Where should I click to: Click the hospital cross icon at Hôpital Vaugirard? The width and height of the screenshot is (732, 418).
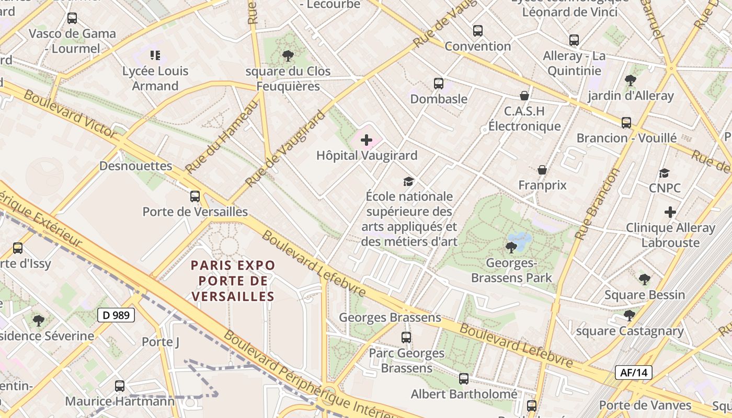point(367,140)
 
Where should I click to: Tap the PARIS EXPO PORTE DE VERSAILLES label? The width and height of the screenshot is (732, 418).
point(233,281)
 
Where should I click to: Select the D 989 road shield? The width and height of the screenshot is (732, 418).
point(116,315)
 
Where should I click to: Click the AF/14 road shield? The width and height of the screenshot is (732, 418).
point(634,373)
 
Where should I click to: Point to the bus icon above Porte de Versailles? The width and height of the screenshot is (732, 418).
point(195,196)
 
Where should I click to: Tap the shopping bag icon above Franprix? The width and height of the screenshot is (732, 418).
point(542,170)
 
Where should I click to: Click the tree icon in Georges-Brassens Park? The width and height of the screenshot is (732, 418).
point(511,247)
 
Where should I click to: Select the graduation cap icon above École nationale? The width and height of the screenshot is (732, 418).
point(408,181)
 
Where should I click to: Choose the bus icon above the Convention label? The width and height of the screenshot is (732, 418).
point(478,31)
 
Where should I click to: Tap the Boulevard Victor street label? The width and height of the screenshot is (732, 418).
point(70,114)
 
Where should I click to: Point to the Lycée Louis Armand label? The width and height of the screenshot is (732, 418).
point(155,78)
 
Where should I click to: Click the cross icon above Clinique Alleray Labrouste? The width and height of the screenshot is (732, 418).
point(670,212)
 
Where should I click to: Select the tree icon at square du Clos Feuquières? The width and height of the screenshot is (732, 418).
point(288,55)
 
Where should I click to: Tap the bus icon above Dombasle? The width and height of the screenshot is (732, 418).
point(439,84)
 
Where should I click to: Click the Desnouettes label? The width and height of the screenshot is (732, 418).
point(136,166)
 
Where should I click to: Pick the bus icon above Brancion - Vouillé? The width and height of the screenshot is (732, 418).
point(626,123)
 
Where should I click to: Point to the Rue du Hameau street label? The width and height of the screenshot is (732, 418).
point(222,137)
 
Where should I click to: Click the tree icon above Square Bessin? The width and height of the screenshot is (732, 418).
point(645,280)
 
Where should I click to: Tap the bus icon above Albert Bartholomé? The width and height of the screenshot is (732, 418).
point(464,379)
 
